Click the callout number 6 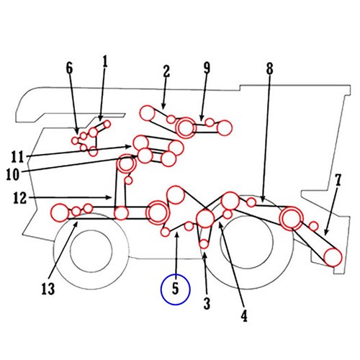point(69,68)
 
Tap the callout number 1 point(105,61)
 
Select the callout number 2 point(166,71)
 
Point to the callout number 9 point(207,68)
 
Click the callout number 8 point(269,69)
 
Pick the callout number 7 point(338,180)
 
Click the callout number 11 point(17,157)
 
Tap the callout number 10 point(13,174)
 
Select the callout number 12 point(20,198)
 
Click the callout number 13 point(48,289)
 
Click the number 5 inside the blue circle point(176,289)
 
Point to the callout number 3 point(207,303)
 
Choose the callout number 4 point(244,315)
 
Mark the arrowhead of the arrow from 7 point(325,233)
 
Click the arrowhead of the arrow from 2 point(163,107)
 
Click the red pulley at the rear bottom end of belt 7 point(333,258)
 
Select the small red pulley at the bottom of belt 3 point(204,244)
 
